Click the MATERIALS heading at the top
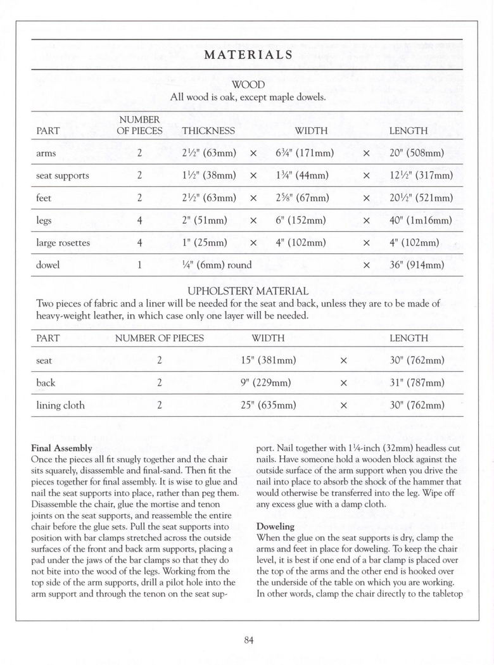(248, 54)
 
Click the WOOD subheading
(248, 85)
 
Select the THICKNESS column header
(208, 131)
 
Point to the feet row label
(44, 198)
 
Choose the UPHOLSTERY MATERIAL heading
(248, 291)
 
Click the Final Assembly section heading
(61, 448)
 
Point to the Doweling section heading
(275, 526)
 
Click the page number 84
(248, 640)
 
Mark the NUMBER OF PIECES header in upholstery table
(160, 338)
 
